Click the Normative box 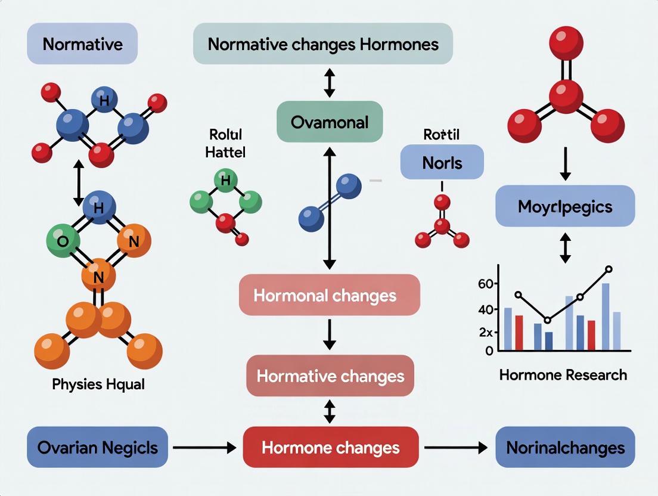[82, 44]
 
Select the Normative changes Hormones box [323, 44]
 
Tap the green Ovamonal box [330, 122]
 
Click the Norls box [442, 162]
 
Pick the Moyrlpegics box [565, 206]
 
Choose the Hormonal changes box [330, 295]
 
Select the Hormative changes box [330, 376]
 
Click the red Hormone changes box [331, 447]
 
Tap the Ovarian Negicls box [97, 447]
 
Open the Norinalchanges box [565, 447]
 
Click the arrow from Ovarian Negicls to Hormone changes [204, 447]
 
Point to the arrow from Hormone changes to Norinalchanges [455, 447]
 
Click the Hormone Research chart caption [563, 375]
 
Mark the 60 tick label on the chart [486, 284]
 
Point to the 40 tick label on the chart [486, 309]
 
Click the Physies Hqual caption [98, 384]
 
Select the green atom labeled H [225, 180]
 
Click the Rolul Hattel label [225, 144]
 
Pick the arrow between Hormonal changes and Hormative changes [330, 335]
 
